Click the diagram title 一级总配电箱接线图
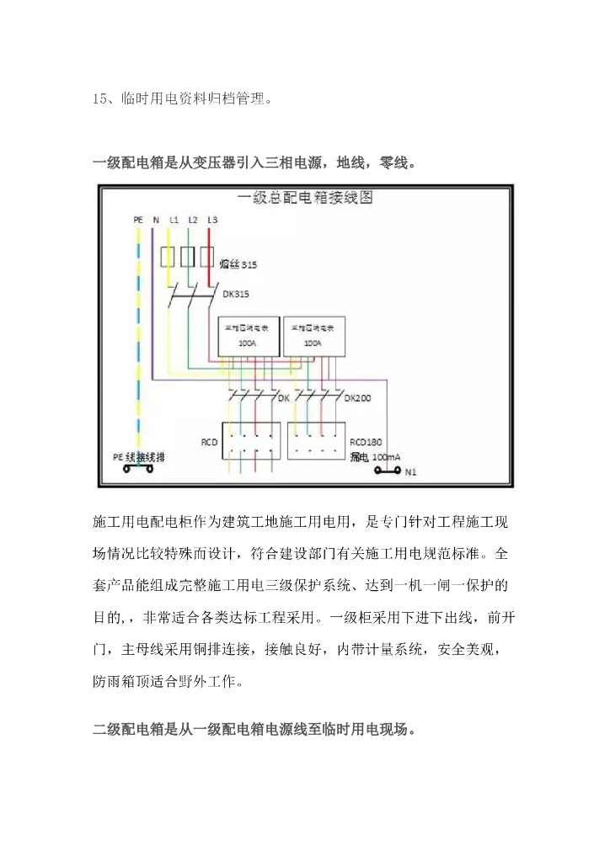tap(305, 200)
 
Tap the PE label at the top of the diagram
tap(138, 220)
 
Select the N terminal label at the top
tap(156, 220)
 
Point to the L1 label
tap(173, 220)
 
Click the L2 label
tap(192, 220)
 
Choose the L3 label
tap(211, 220)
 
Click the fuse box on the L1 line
tap(168, 257)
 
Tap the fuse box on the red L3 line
tap(206, 257)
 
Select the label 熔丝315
tap(238, 264)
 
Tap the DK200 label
tap(356, 397)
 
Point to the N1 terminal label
tap(410, 472)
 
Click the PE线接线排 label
tap(139, 456)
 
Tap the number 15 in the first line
tap(99, 98)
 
